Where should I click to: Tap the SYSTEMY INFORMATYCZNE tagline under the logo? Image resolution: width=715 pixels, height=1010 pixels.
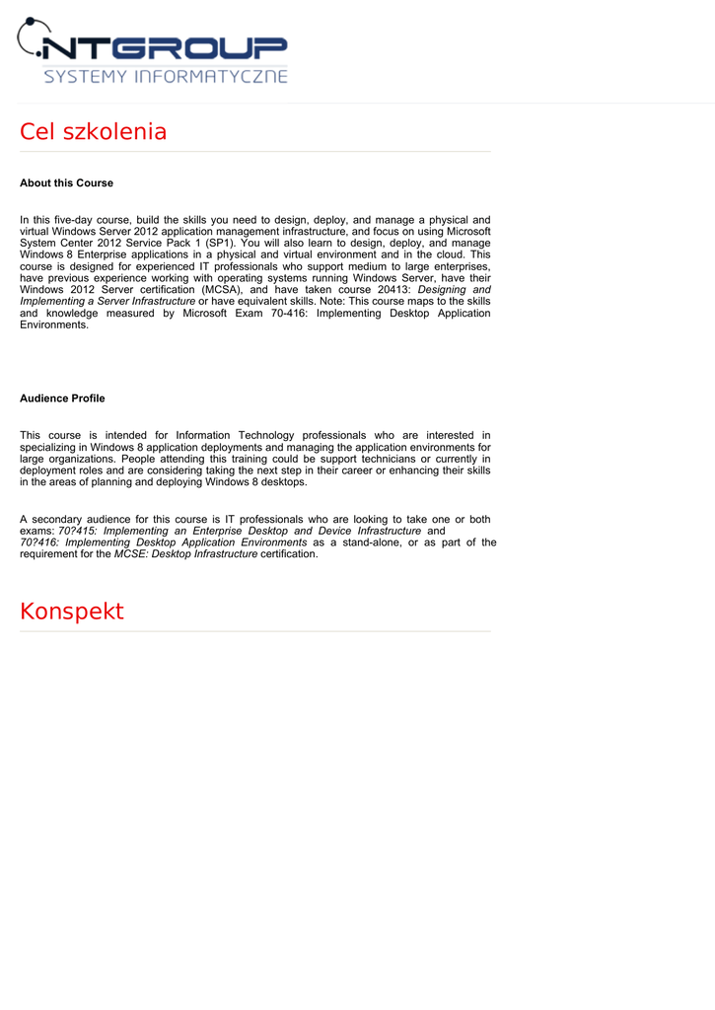coord(166,76)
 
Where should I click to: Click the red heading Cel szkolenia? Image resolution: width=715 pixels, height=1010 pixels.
coord(94,132)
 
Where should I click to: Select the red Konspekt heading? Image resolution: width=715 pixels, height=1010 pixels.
coord(72,612)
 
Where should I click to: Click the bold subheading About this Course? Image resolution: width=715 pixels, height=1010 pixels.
coord(66,183)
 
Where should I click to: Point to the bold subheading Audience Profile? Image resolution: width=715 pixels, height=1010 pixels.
coord(62,398)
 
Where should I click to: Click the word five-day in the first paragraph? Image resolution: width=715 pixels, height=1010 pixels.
coord(82,220)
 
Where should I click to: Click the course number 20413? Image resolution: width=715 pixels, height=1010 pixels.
coord(387,290)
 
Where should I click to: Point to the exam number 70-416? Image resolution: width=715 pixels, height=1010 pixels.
coord(289,314)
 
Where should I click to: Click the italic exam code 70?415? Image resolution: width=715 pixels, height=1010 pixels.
coord(78,531)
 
